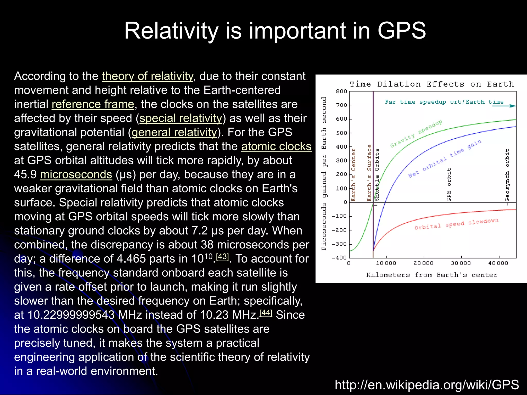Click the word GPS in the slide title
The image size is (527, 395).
point(401,31)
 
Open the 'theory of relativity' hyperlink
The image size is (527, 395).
point(147,76)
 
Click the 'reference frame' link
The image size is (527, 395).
point(93,104)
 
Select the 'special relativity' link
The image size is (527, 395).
point(181,119)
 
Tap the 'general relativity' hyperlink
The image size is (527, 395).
point(174,132)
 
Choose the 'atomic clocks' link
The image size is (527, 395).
point(276,147)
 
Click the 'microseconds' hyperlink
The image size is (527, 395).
point(76,175)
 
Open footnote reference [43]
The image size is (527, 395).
point(222,257)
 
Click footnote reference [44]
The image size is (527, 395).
point(266,313)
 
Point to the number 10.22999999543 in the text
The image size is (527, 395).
point(71,315)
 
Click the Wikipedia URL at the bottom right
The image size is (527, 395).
point(427,385)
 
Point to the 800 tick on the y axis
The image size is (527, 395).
point(341,91)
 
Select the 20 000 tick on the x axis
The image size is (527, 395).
point(423,263)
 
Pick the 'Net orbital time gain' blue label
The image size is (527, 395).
point(445,159)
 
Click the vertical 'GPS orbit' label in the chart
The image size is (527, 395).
point(449,185)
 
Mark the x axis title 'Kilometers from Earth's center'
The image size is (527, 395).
point(432,275)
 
